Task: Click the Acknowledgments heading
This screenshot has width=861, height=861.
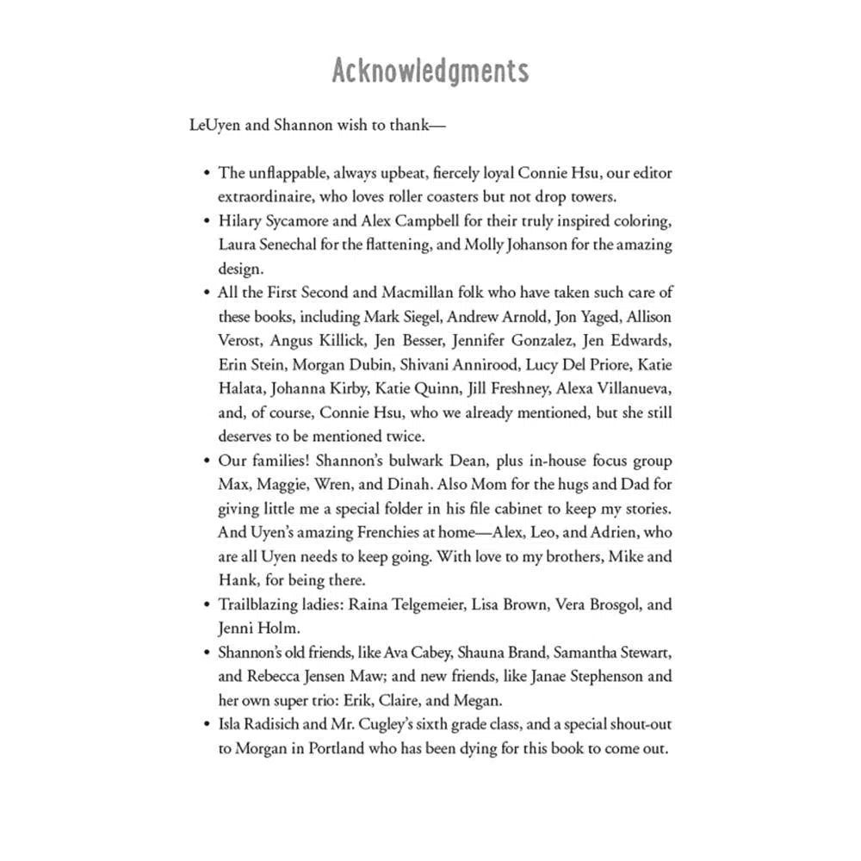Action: pos(430,71)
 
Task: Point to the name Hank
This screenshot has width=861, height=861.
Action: pos(235,579)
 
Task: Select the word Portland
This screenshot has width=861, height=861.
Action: pos(338,748)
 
